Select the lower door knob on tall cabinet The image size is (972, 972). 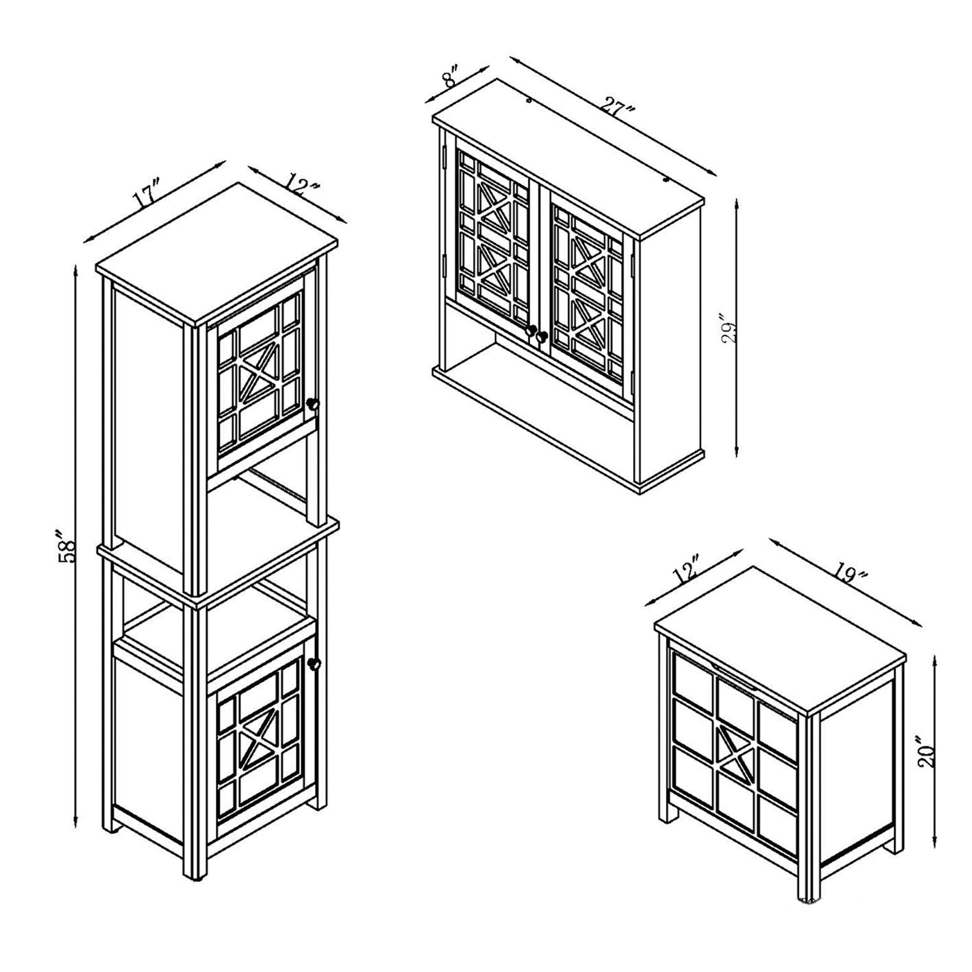314,664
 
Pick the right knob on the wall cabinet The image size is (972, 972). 542,336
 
